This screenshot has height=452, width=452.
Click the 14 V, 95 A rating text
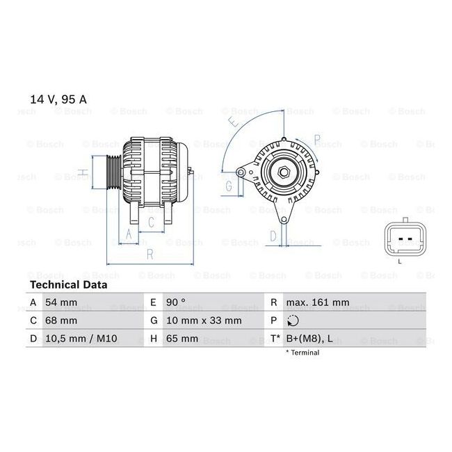pos(58,99)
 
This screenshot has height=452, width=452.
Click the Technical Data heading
pos(69,285)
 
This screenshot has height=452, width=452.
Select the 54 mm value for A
pos(61,302)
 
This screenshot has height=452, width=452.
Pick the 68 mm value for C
pos(61,321)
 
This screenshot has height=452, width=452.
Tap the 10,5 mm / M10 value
pos(81,339)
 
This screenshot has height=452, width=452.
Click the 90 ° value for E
pos(176,302)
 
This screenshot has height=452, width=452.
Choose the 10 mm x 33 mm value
pos(204,321)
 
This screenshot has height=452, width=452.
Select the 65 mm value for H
pos(182,339)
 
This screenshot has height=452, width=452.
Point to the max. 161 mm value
pos(318,302)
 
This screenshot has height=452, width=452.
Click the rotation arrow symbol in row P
pos(293,321)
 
